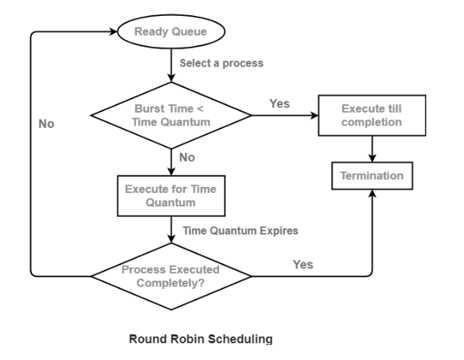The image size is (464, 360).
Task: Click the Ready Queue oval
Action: [x=170, y=33]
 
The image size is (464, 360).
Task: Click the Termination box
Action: [x=371, y=176]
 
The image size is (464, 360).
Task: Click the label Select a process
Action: [x=221, y=64]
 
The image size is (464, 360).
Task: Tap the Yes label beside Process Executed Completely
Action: [x=303, y=264]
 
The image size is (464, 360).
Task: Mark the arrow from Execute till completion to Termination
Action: [x=371, y=149]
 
